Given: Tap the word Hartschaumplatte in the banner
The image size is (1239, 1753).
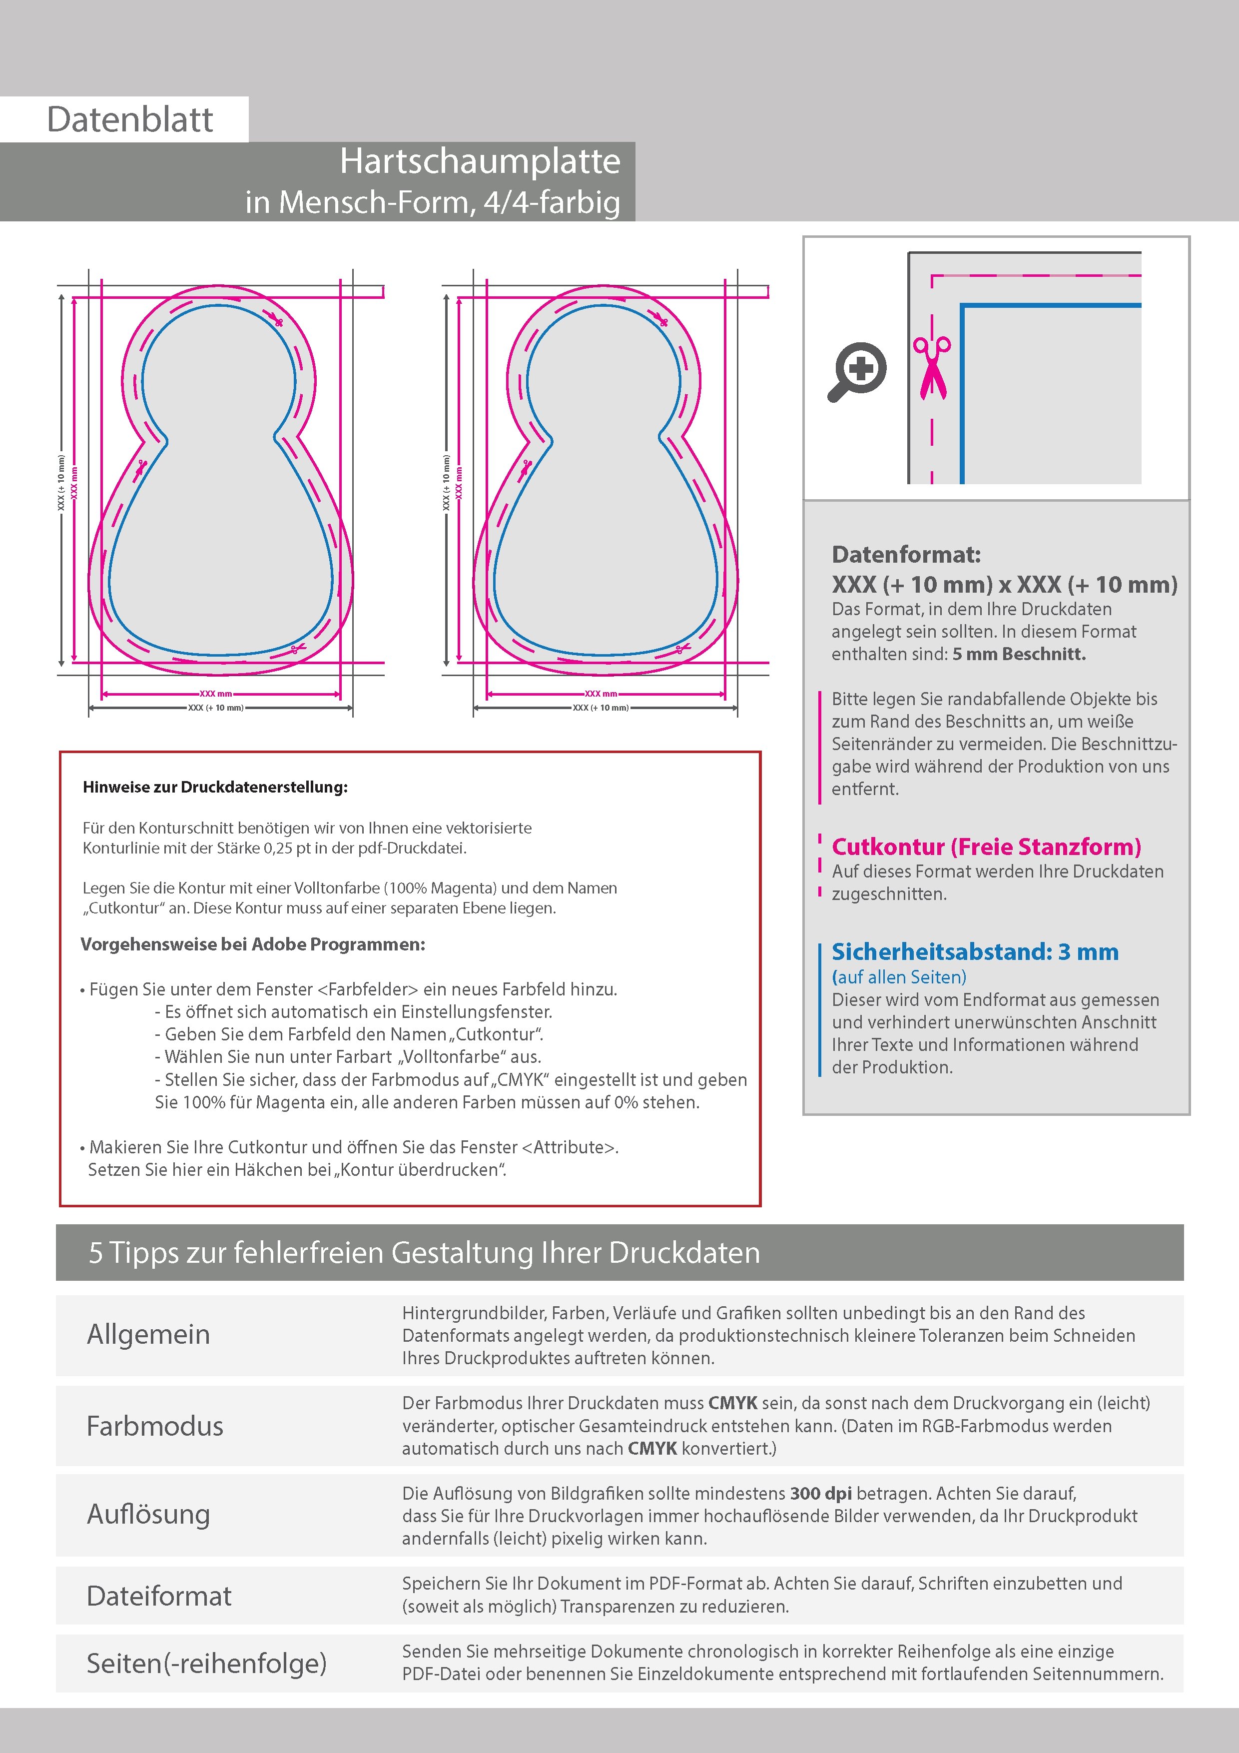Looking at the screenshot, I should click(480, 161).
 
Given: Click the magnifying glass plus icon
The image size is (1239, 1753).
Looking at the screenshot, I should click(859, 371).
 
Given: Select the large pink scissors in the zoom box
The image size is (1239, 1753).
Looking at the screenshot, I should click(932, 368).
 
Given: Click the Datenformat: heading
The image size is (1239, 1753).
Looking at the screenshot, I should click(906, 554).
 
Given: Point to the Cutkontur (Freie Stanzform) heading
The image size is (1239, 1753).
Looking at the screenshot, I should click(986, 847).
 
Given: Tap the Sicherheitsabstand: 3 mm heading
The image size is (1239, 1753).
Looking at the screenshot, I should click(975, 951).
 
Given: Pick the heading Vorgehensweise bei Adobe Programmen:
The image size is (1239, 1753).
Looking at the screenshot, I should click(253, 944).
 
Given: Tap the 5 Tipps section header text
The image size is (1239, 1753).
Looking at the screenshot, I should click(425, 1253).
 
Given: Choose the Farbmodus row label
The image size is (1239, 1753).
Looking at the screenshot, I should click(155, 1426).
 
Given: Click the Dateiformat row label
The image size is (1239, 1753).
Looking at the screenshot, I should click(159, 1596).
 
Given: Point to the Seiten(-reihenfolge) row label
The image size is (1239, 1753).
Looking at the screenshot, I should click(206, 1662).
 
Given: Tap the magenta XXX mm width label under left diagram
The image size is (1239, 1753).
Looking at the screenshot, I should click(216, 694).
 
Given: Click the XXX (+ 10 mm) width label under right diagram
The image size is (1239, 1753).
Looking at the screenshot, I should click(601, 708).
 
